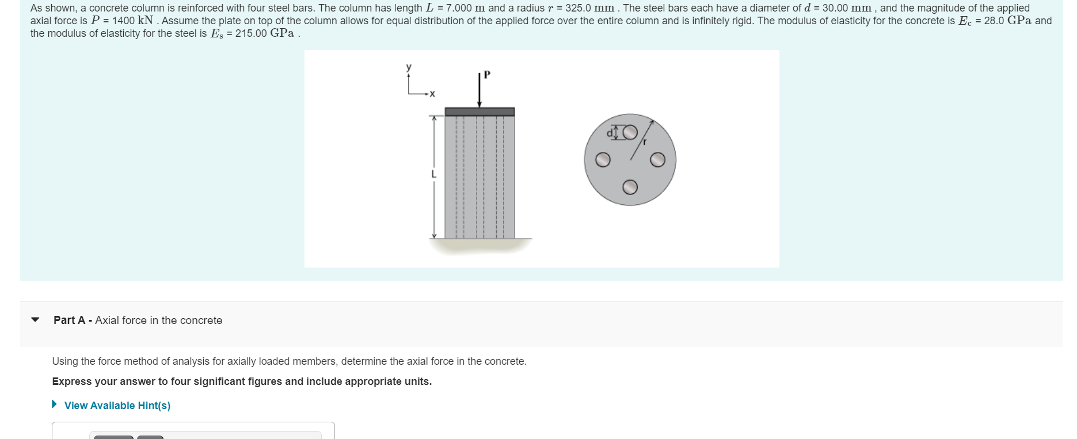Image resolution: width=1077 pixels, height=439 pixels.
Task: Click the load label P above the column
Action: [x=487, y=74]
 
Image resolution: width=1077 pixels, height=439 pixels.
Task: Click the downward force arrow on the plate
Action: [x=479, y=92]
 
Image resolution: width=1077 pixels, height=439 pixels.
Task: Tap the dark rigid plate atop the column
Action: [x=479, y=112]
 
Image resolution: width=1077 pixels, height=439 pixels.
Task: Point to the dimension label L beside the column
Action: [x=434, y=174]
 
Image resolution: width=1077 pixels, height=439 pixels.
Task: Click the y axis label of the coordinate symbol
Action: [x=409, y=67]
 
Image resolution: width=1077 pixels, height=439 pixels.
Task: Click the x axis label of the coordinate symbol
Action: [x=432, y=94]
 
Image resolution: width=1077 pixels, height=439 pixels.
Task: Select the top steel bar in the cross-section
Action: [x=630, y=133]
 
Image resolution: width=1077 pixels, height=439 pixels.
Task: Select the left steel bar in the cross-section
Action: [x=603, y=160]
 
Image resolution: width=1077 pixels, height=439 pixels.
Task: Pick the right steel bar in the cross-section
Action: [x=657, y=160]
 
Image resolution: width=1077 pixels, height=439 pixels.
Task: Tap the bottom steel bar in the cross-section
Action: [x=630, y=187]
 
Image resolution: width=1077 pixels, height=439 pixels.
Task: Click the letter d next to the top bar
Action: [x=610, y=133]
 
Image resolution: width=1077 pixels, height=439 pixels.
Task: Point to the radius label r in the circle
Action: [x=645, y=142]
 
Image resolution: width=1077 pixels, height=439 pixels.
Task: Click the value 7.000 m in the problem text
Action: [x=466, y=8]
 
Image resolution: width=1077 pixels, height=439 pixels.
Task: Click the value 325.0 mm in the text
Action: [x=589, y=8]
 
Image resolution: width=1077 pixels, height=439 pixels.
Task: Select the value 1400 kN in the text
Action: [x=132, y=21]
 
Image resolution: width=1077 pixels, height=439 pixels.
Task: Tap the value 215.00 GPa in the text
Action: [x=265, y=33]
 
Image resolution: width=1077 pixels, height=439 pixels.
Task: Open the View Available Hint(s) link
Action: [x=117, y=406]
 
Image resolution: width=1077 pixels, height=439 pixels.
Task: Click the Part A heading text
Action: [x=138, y=320]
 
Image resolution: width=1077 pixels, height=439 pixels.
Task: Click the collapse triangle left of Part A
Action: [x=36, y=320]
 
